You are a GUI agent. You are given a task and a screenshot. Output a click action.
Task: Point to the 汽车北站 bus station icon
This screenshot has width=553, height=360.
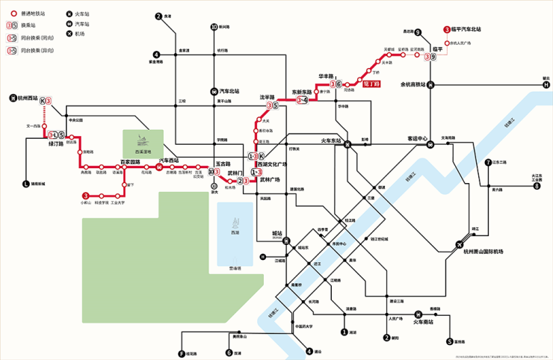tap(214, 90)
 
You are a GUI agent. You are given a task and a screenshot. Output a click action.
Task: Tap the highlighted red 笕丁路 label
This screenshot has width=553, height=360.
tap(371, 84)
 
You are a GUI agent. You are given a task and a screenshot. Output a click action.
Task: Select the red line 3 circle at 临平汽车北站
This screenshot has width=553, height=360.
tap(447, 29)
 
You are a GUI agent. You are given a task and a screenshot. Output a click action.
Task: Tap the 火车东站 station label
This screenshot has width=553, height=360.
tap(331, 140)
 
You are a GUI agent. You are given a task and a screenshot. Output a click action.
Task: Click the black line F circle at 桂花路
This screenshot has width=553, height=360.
tap(181, 353)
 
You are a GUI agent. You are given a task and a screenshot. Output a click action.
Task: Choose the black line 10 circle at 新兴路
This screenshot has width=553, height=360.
tap(214, 27)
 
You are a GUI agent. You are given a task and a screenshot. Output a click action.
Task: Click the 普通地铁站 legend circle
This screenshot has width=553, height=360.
tap(13, 13)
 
